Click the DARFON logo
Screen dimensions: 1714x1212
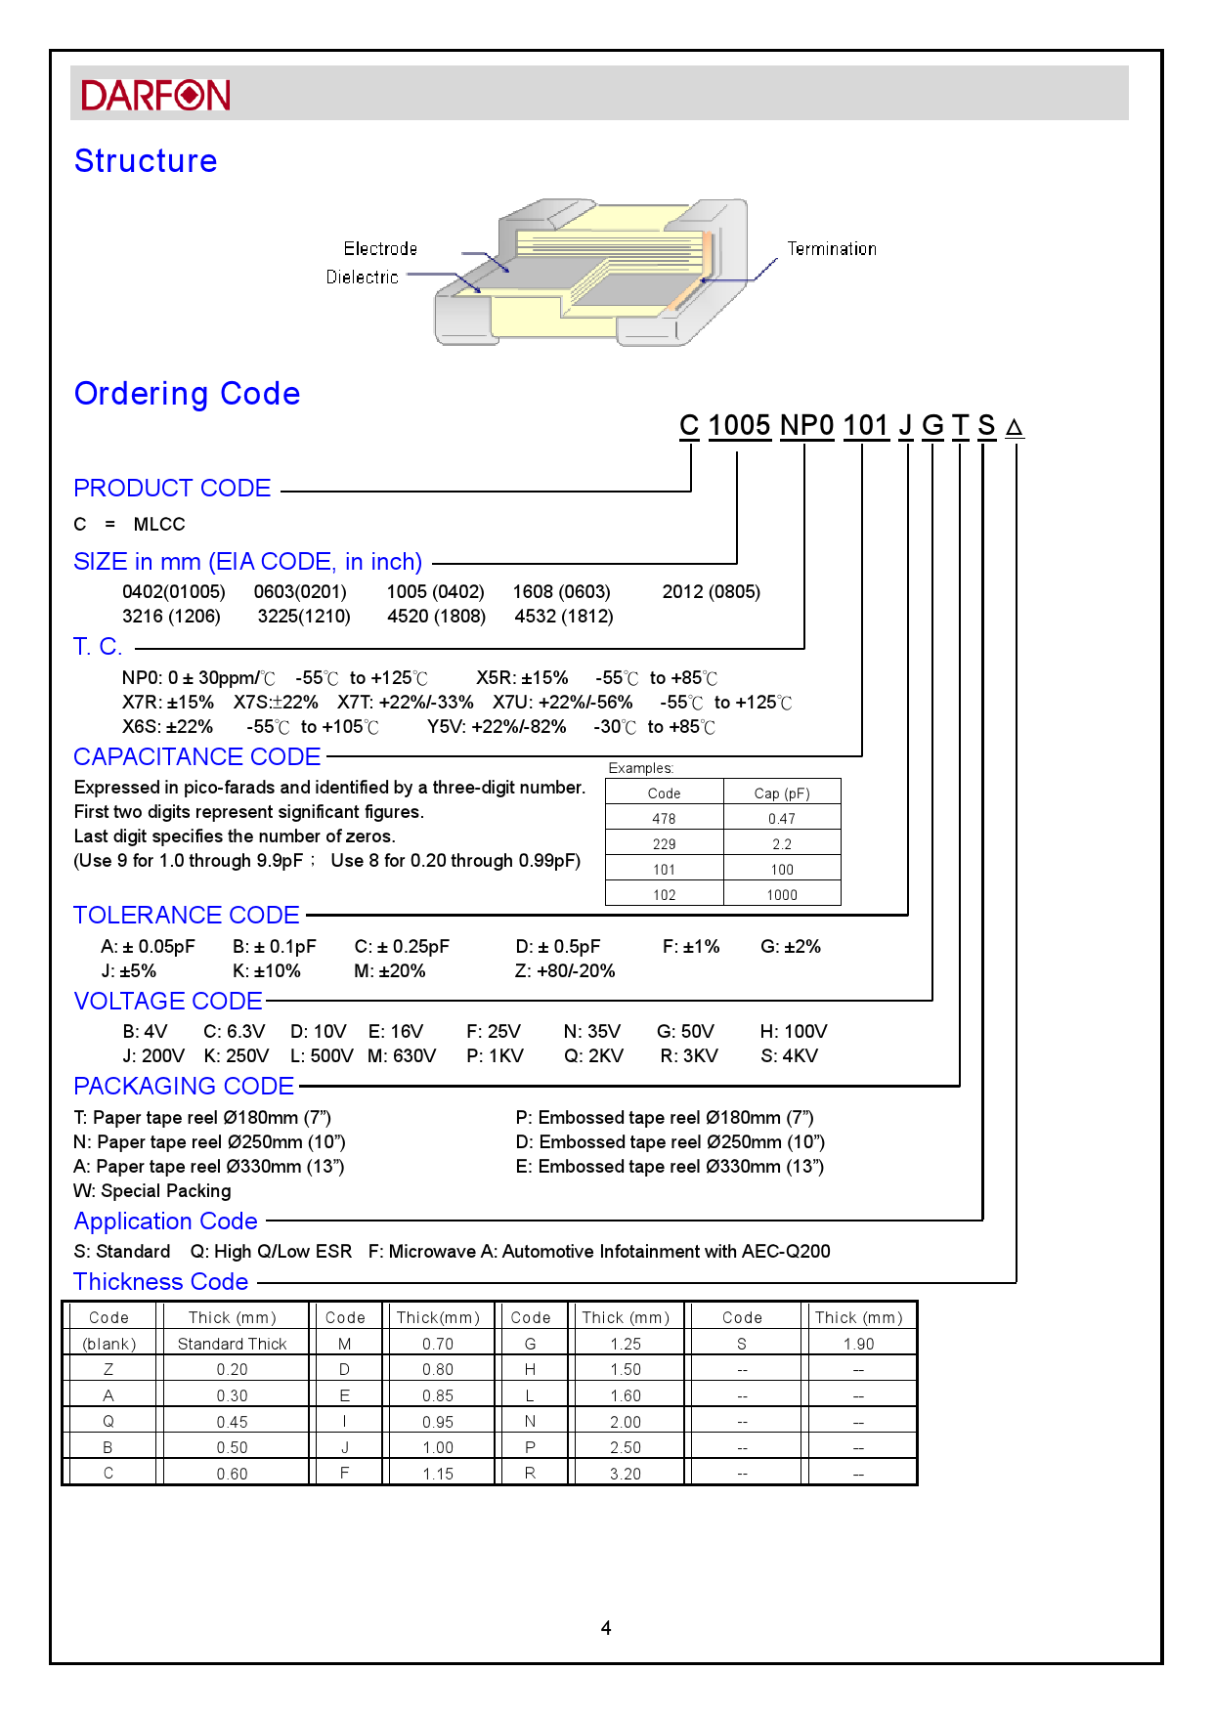click(155, 95)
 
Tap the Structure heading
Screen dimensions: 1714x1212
click(146, 161)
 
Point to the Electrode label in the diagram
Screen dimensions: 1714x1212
click(380, 249)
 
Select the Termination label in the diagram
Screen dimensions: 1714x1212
click(832, 249)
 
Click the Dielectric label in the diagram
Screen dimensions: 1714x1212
click(362, 278)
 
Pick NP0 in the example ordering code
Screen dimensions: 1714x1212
click(806, 426)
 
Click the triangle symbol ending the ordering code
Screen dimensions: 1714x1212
click(1015, 428)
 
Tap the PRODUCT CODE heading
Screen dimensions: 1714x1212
click(172, 489)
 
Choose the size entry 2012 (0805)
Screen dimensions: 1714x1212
click(711, 592)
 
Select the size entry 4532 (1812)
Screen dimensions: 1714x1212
click(564, 617)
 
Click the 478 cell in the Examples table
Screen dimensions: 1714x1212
click(664, 819)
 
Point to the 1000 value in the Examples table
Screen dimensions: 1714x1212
click(782, 895)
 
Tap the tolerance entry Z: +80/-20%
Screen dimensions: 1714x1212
click(565, 971)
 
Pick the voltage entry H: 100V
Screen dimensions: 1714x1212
click(794, 1032)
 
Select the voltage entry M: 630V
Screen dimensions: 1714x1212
click(402, 1056)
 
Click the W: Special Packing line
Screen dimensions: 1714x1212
click(152, 1191)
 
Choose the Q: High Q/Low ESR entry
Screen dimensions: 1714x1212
click(271, 1252)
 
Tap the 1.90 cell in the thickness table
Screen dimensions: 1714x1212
click(858, 1345)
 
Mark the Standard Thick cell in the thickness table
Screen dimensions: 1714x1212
click(233, 1345)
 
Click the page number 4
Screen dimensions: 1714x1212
click(606, 1628)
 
